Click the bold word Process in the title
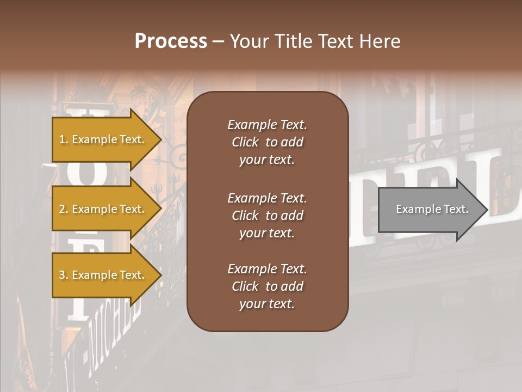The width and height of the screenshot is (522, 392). tap(171, 41)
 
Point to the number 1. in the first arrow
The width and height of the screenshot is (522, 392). tap(64, 139)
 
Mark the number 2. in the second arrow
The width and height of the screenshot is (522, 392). tap(64, 209)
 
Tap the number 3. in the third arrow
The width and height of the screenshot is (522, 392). tap(64, 275)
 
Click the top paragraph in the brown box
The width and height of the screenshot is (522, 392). tap(267, 142)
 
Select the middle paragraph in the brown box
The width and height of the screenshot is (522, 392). tap(267, 216)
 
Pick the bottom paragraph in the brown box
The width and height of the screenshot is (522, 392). tap(267, 286)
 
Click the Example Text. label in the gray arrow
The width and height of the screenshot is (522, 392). tap(432, 209)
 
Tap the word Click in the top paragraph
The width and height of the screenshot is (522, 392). tap(245, 142)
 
